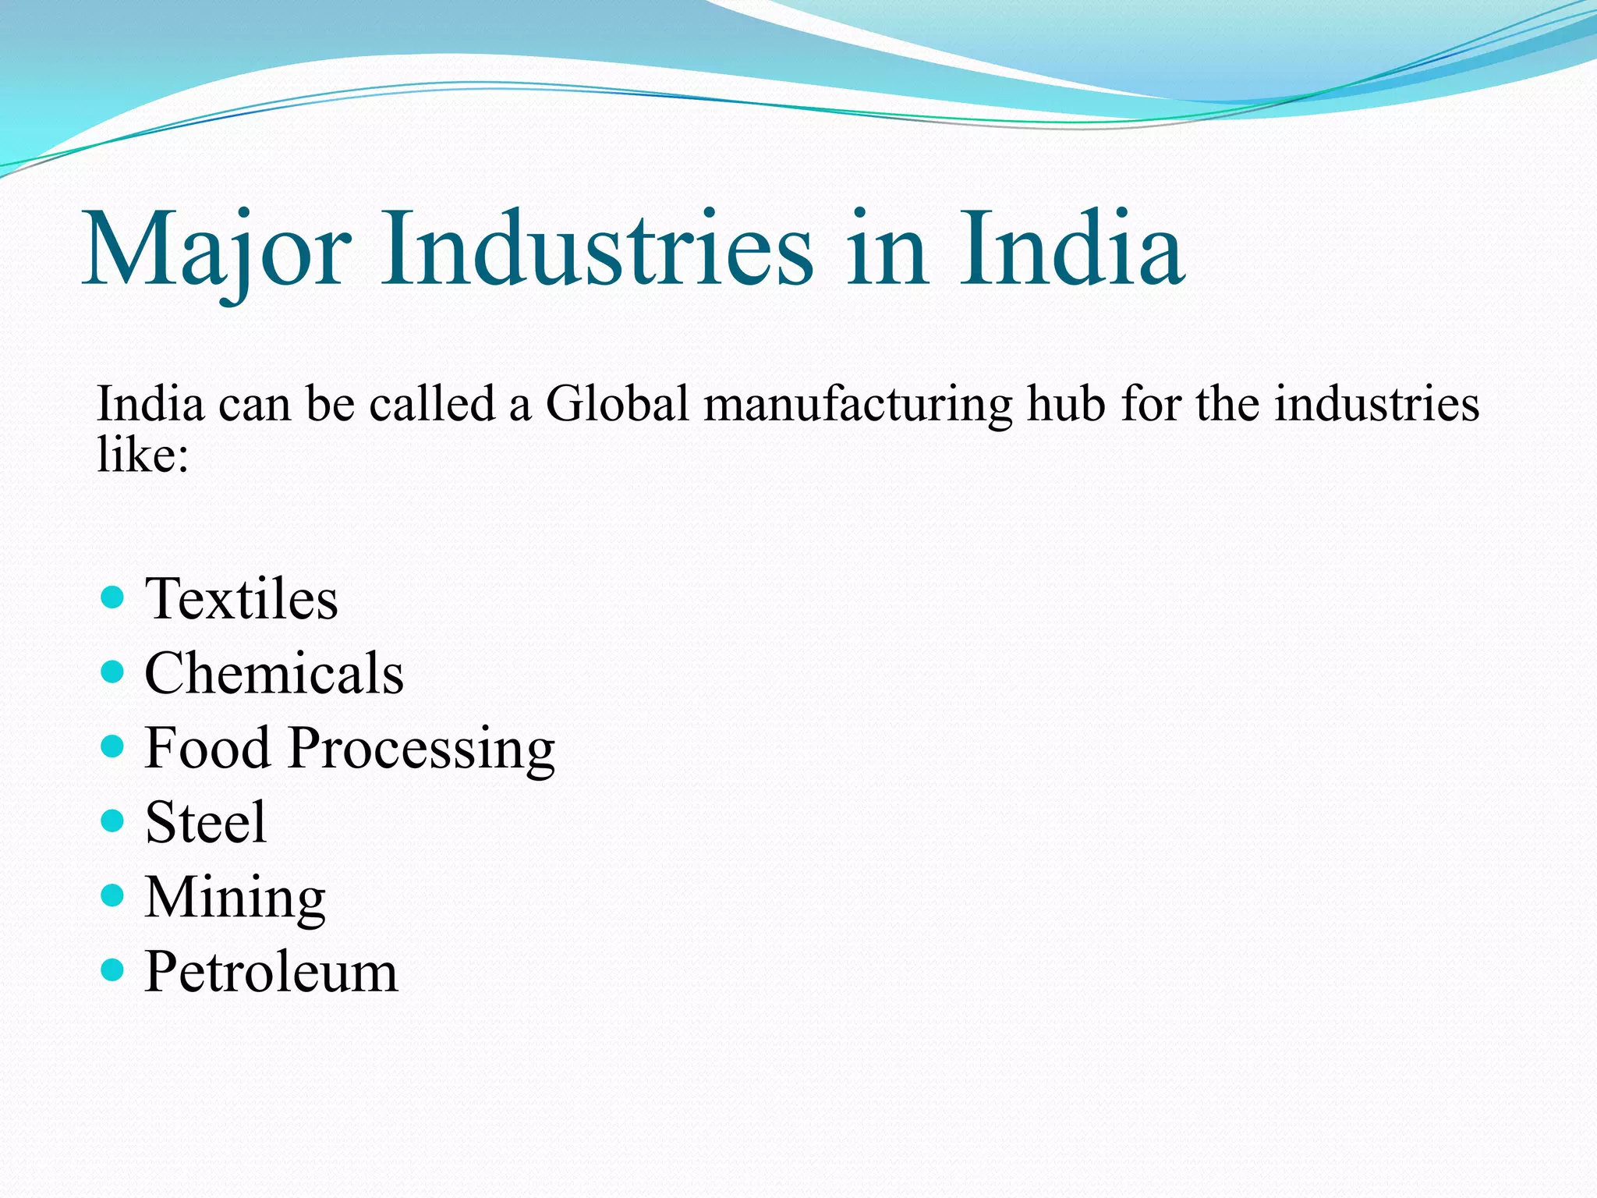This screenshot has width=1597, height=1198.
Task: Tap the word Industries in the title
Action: pos(597,248)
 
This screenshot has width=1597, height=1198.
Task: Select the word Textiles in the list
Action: pos(242,599)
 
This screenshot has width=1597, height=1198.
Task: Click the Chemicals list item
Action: pos(274,673)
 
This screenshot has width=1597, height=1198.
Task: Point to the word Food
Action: pos(207,748)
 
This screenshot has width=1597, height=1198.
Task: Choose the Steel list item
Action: pos(206,822)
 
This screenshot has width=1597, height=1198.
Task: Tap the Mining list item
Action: pos(235,898)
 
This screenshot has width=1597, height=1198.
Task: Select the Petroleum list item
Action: pos(271,972)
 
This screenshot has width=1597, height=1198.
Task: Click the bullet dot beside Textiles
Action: pos(113,598)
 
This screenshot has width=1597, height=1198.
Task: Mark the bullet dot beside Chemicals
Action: pos(113,672)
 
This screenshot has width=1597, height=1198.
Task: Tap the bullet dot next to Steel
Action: pos(113,821)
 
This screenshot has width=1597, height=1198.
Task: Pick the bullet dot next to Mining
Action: pos(113,895)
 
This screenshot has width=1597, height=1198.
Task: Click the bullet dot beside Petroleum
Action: pos(113,970)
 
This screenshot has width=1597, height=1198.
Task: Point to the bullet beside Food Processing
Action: pos(113,747)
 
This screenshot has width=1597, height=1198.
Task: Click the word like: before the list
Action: pos(143,453)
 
